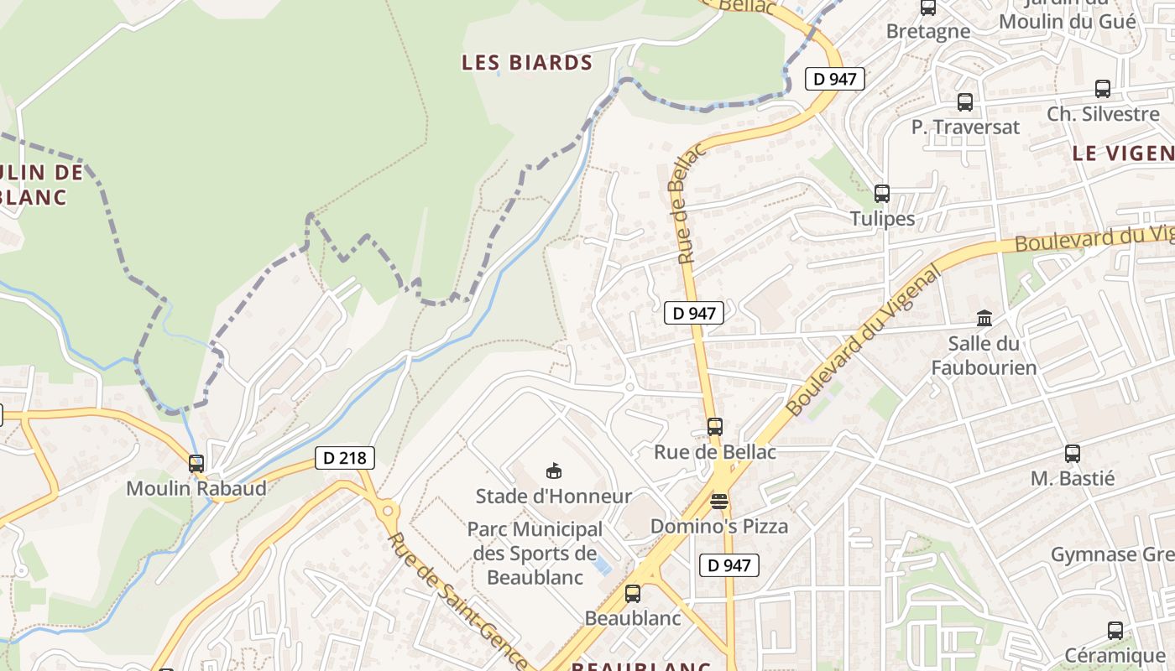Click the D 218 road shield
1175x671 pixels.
tap(344, 458)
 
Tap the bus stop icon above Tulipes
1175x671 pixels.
tap(882, 194)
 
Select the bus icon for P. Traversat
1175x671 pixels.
tap(965, 102)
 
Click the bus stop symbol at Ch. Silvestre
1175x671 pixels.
tap(1103, 89)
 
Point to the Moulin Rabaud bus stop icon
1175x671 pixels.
tap(196, 463)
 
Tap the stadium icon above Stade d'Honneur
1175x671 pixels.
tap(553, 471)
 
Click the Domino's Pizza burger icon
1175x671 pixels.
tap(719, 502)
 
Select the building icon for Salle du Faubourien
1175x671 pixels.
tap(984, 319)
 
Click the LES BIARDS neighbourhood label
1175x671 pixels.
tap(527, 63)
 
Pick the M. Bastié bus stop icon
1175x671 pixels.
tap(1073, 454)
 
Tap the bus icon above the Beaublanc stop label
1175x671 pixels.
tap(633, 594)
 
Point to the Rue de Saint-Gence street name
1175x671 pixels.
tap(457, 600)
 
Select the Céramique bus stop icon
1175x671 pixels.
tap(1115, 631)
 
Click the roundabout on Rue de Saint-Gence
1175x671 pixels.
tap(387, 509)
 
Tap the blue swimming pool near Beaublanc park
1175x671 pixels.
tap(600, 566)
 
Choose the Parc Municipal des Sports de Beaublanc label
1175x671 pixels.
tap(535, 554)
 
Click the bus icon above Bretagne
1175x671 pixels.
tap(928, 8)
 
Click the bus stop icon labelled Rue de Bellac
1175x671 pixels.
tap(715, 427)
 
